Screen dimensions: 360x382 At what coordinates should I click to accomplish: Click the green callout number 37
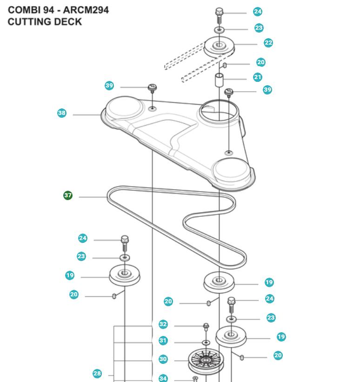tap(68, 195)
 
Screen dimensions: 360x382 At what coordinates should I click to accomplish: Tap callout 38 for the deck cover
tap(61, 113)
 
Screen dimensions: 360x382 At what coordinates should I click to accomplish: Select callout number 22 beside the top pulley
tap(268, 43)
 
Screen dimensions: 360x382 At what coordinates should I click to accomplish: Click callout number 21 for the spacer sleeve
tap(258, 77)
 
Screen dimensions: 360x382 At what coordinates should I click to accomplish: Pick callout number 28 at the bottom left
tap(97, 374)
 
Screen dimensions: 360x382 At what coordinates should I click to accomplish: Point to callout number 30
tap(163, 359)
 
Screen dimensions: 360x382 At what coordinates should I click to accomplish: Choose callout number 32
tap(163, 324)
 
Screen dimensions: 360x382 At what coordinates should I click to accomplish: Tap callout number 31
tap(163, 340)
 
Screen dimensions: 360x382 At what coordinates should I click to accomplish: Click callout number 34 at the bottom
tap(163, 378)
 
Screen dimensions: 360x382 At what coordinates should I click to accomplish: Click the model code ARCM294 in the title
tap(86, 10)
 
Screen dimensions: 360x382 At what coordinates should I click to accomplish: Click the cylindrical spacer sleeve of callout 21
tap(219, 80)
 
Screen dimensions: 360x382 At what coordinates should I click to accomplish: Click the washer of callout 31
tap(206, 343)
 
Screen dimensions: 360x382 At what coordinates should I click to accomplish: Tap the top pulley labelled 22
tap(219, 47)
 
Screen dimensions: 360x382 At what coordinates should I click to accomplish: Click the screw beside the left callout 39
tap(152, 89)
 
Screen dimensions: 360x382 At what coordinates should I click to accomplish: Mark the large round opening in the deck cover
tap(219, 112)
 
